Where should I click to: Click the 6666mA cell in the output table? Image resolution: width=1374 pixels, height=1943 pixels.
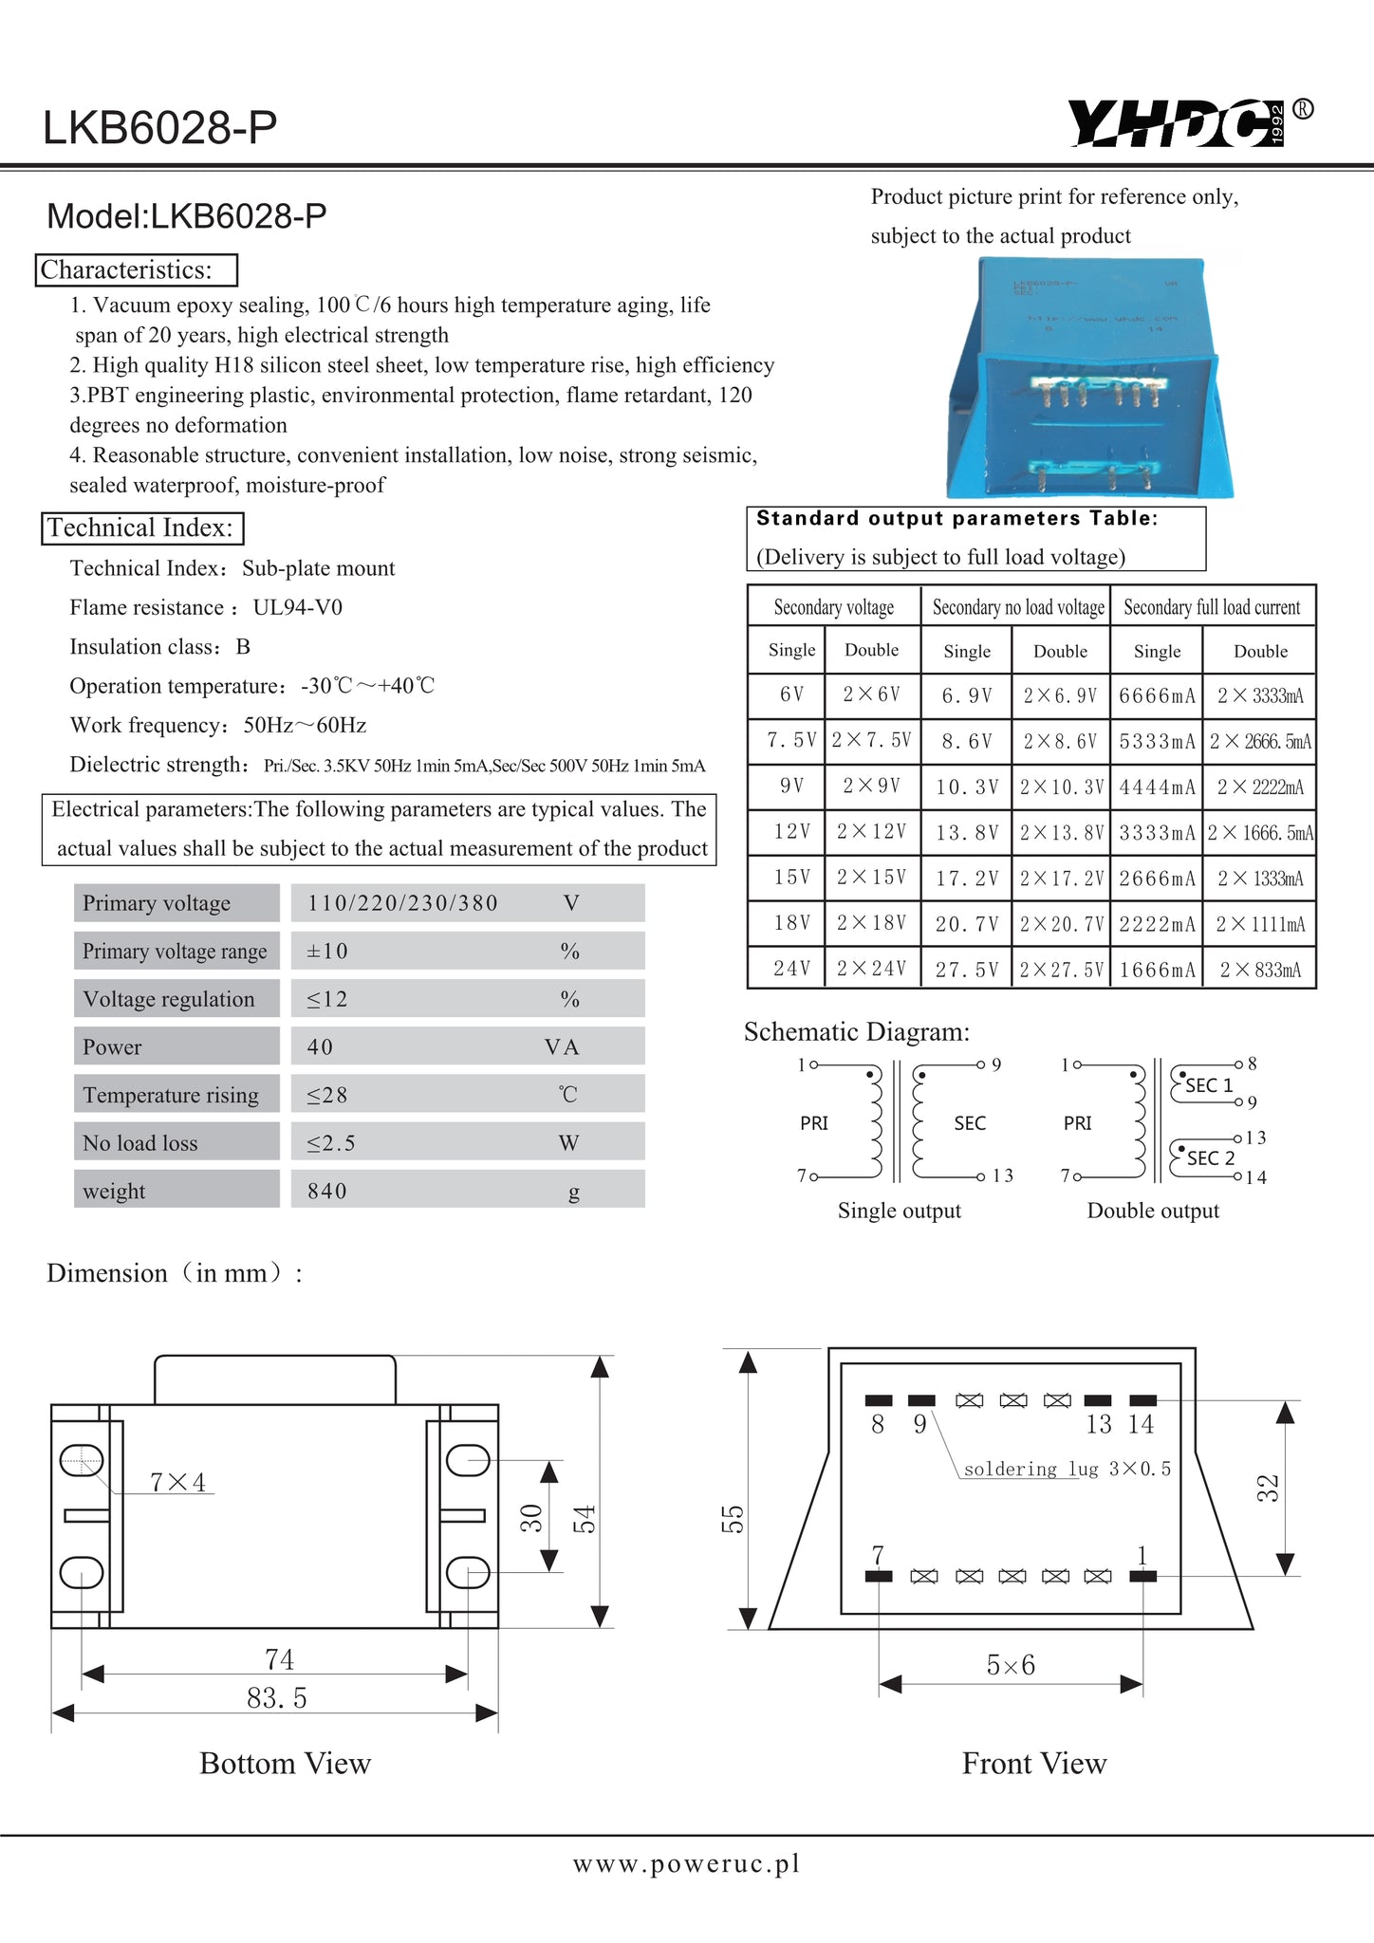1157,695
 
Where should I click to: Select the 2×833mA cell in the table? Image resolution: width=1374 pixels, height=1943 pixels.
1260,970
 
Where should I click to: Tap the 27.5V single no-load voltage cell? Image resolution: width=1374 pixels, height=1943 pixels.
967,970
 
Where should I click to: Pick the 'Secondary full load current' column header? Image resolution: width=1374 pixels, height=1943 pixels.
1212,607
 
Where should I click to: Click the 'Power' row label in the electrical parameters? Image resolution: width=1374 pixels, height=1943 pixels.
112,1047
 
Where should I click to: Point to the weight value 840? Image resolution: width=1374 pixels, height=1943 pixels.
327,1191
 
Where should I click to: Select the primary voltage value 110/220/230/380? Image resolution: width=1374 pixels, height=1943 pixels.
402,903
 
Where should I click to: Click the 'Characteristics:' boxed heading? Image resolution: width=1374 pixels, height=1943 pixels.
137,270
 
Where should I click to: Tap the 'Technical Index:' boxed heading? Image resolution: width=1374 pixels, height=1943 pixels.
142,528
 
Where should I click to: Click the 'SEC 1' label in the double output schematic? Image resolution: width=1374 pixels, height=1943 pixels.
1209,1085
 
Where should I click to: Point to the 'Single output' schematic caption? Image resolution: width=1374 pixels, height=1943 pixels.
899,1211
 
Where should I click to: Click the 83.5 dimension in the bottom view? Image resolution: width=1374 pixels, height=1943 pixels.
277,1697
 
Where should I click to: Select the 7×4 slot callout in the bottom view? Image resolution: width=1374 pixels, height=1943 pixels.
178,1482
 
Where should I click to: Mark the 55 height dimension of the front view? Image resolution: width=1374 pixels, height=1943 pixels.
733,1519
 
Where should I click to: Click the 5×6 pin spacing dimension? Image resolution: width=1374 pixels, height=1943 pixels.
1011,1665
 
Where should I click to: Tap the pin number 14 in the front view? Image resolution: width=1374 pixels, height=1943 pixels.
1141,1424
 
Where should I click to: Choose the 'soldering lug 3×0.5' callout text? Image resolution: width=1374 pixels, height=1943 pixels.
1067,1469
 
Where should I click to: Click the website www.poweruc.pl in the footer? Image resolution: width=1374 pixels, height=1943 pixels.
686,1863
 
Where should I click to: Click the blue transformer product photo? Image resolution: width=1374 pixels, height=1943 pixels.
1091,379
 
